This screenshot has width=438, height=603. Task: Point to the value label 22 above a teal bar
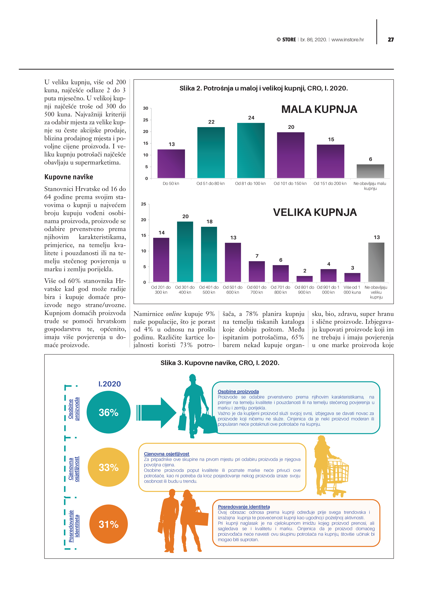[x=211, y=122]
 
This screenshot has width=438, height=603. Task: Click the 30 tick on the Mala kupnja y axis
[x=146, y=108]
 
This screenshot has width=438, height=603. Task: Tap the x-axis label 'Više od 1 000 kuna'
[x=352, y=290]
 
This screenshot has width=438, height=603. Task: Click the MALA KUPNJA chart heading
[x=319, y=109]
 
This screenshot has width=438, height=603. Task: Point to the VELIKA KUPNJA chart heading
[x=315, y=212]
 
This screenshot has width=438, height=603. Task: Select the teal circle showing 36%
[x=109, y=412]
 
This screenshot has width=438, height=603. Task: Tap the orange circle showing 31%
[x=109, y=524]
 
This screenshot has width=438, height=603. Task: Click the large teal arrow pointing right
[x=157, y=413]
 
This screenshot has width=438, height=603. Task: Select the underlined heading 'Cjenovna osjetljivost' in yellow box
[x=167, y=454]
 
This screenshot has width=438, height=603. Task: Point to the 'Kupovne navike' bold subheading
[x=69, y=177]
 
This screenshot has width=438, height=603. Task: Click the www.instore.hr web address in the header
[x=348, y=40]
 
